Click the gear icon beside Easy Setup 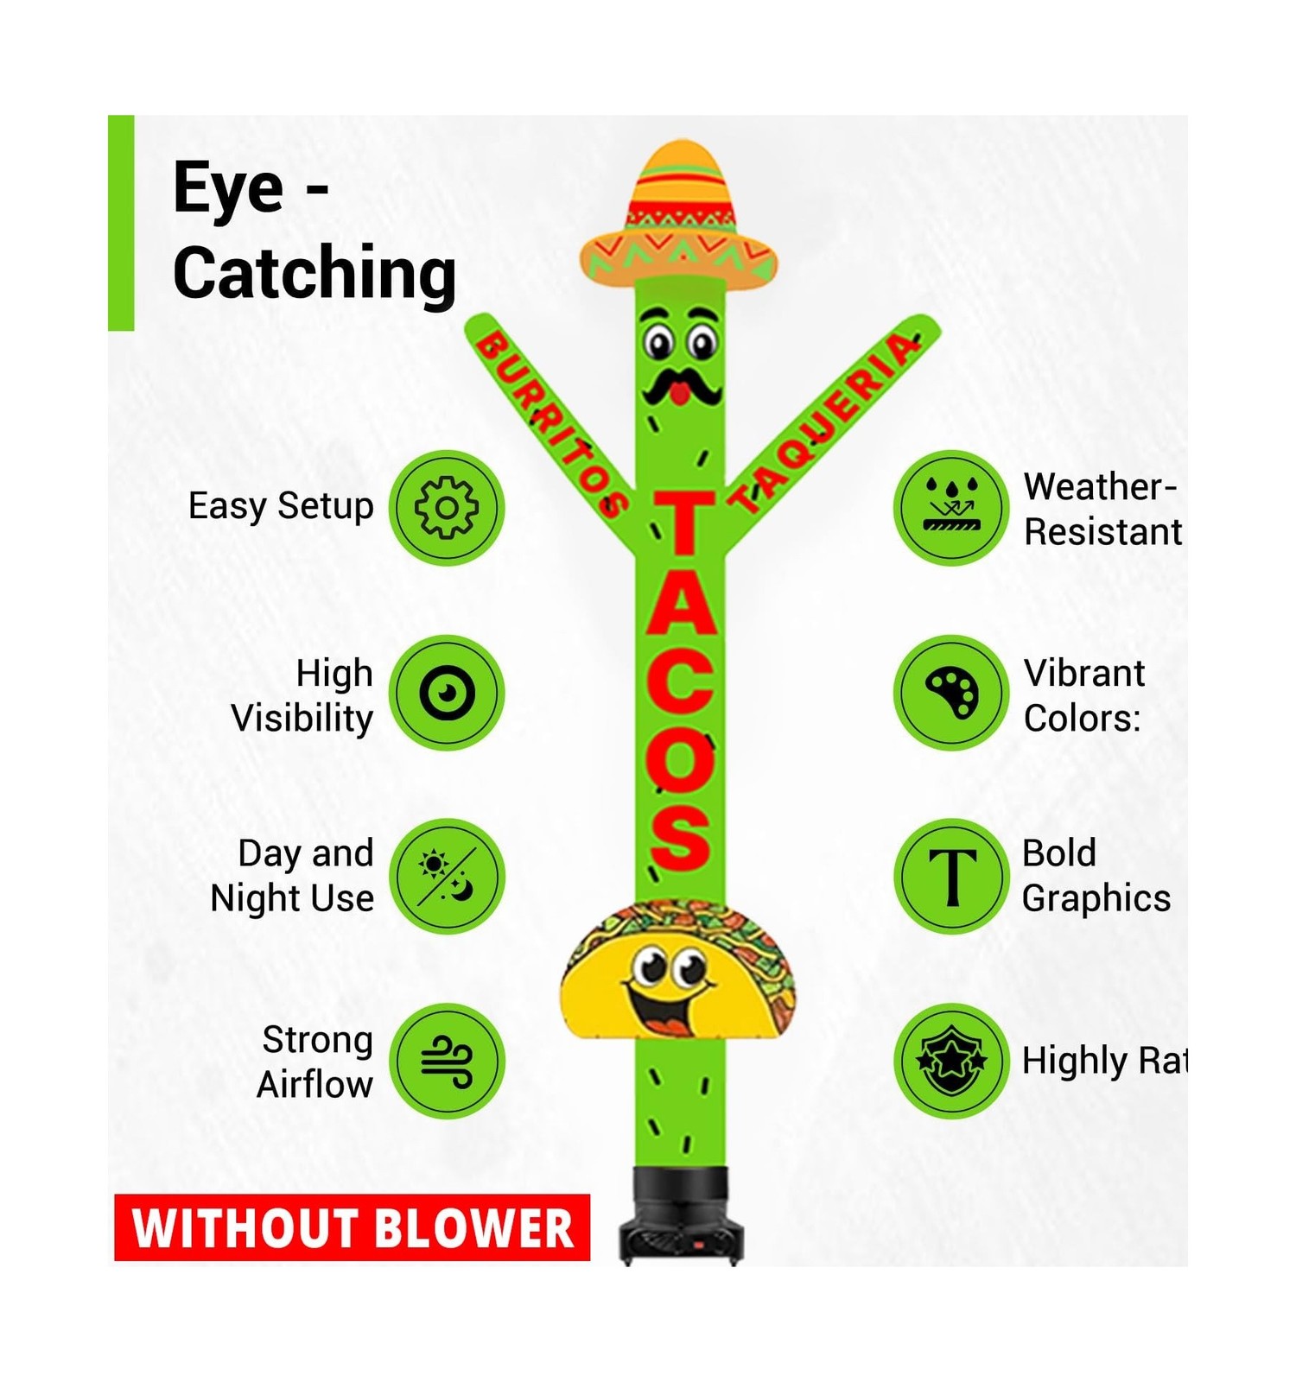tap(446, 508)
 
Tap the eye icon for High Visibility tap(446, 693)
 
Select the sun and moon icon tap(446, 876)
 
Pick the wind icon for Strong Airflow tap(446, 1061)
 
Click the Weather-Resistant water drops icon tap(950, 508)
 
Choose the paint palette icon tap(950, 693)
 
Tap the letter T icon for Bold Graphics tap(950, 876)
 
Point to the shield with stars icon tap(950, 1061)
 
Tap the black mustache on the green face tap(681, 389)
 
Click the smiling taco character tap(678, 972)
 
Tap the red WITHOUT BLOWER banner tap(352, 1227)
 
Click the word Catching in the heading tap(314, 272)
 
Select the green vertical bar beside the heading tap(121, 223)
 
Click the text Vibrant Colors tap(1083, 695)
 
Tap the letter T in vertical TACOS tap(683, 523)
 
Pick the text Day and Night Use tap(293, 876)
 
